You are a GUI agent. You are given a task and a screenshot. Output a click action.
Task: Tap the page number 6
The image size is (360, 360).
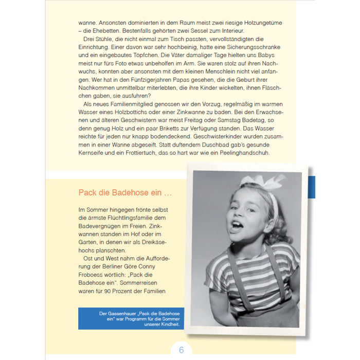[181, 350]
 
